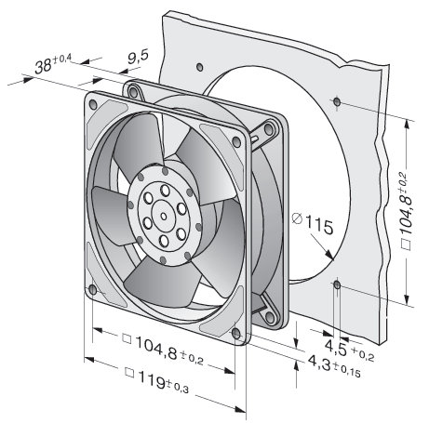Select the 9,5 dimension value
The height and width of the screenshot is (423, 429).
point(138,57)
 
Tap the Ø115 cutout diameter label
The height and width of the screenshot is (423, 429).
point(313,223)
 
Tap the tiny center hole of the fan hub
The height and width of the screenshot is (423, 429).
point(164,217)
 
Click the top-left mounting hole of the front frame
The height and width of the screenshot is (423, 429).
point(93,104)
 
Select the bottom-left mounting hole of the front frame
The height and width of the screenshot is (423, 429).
point(93,290)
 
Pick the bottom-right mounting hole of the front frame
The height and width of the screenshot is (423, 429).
point(236,334)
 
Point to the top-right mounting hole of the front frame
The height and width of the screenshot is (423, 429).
point(236,142)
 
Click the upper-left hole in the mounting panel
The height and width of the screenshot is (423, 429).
point(200,67)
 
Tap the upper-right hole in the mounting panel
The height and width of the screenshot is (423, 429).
point(337,101)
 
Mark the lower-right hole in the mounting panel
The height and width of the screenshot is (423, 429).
point(337,284)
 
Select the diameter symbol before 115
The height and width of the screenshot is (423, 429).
point(297,218)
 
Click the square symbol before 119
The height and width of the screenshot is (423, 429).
point(129,373)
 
